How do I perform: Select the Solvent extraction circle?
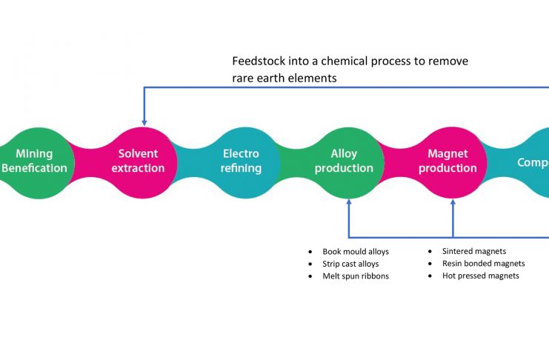(139, 161)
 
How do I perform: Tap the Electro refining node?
(242, 161)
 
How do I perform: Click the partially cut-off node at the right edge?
(532, 162)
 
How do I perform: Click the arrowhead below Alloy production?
(349, 202)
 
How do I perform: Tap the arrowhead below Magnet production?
(453, 202)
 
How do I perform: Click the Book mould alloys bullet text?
(356, 252)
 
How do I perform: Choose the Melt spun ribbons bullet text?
(355, 276)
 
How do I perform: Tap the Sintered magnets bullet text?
(474, 251)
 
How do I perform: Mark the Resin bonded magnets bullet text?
(483, 264)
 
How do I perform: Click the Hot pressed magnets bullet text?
(480, 276)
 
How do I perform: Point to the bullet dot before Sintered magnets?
(431, 252)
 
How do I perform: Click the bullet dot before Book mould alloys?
(311, 253)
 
